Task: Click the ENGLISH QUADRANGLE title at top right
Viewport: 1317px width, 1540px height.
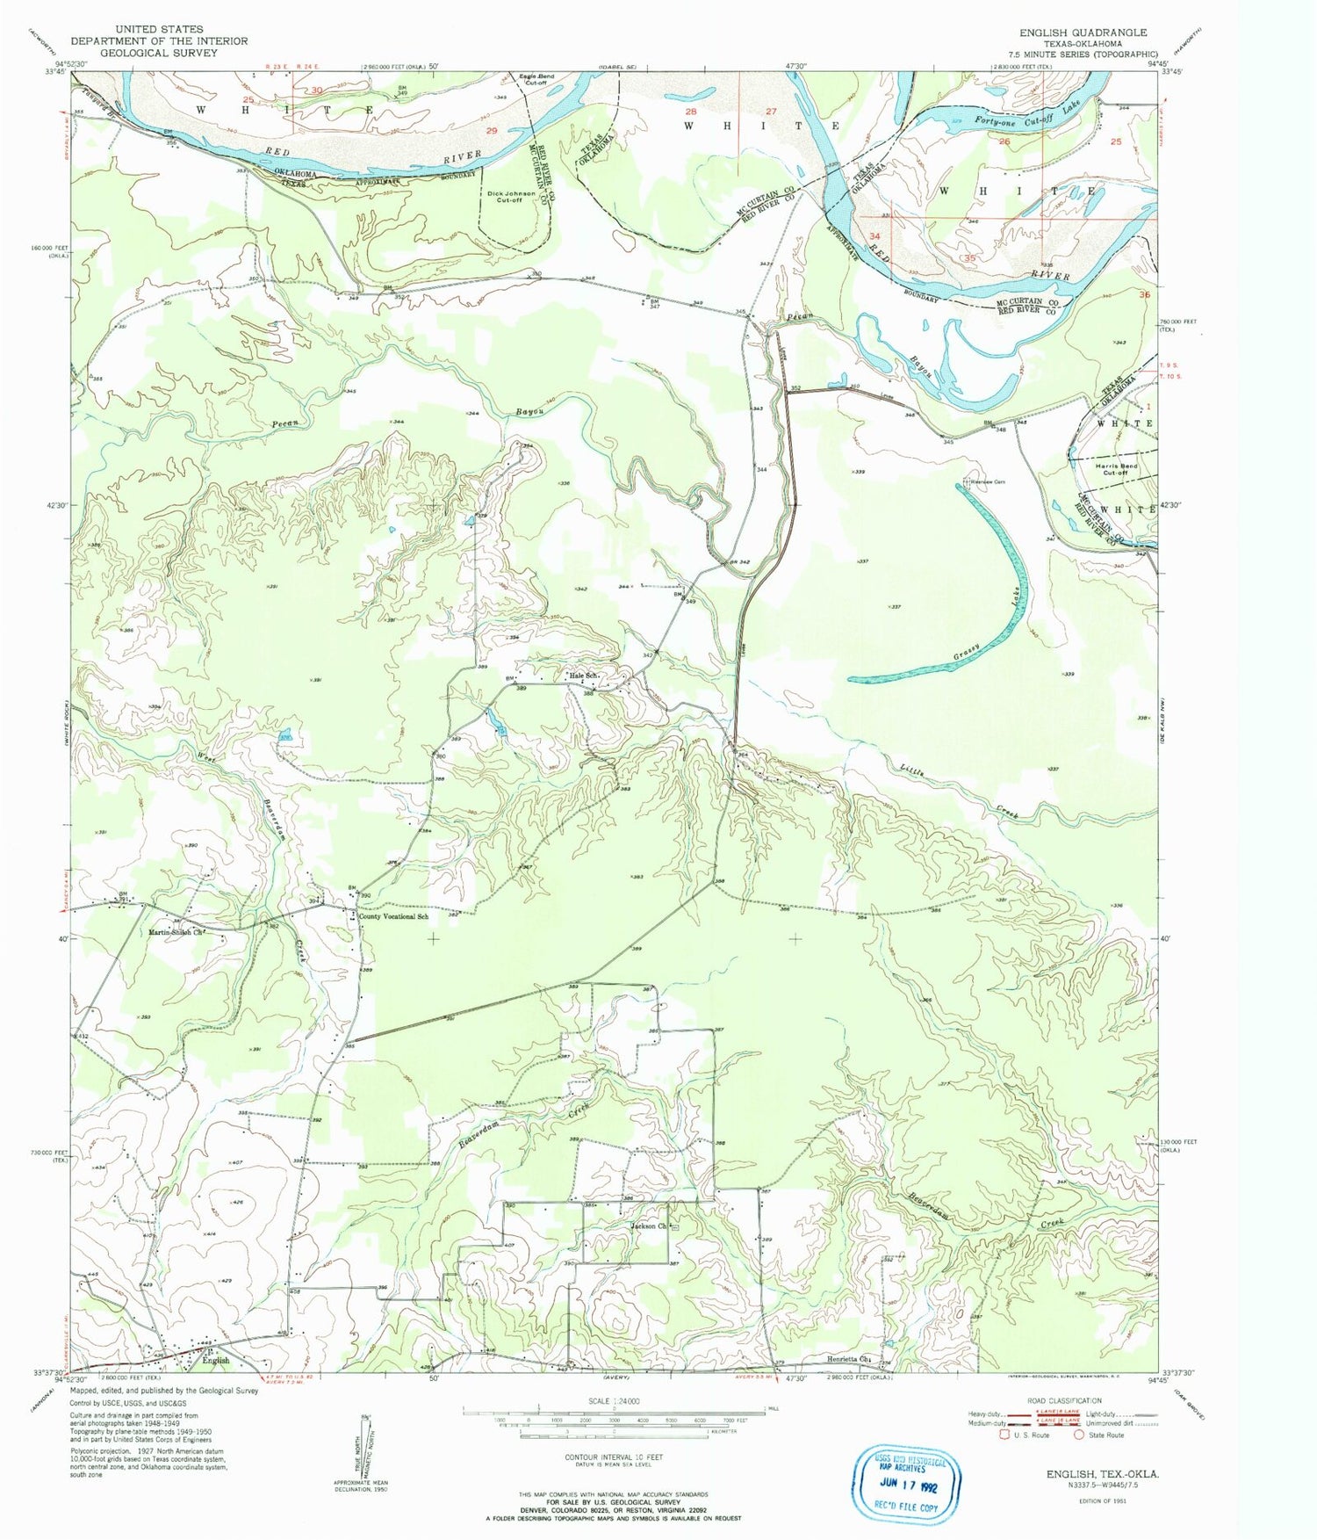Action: click(1083, 33)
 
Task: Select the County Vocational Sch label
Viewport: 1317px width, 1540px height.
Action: click(394, 916)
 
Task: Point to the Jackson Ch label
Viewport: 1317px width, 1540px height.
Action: click(650, 1226)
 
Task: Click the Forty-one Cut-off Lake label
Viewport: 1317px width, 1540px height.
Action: click(1033, 119)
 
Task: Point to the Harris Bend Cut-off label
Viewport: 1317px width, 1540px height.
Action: click(1115, 468)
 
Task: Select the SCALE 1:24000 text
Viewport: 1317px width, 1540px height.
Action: click(614, 1400)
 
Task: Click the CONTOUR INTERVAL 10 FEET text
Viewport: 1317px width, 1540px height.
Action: click(614, 1457)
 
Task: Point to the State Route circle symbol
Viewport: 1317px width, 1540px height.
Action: click(1079, 1435)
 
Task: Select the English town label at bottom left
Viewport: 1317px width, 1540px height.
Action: click(216, 1360)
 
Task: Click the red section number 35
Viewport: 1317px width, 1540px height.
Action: click(968, 259)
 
